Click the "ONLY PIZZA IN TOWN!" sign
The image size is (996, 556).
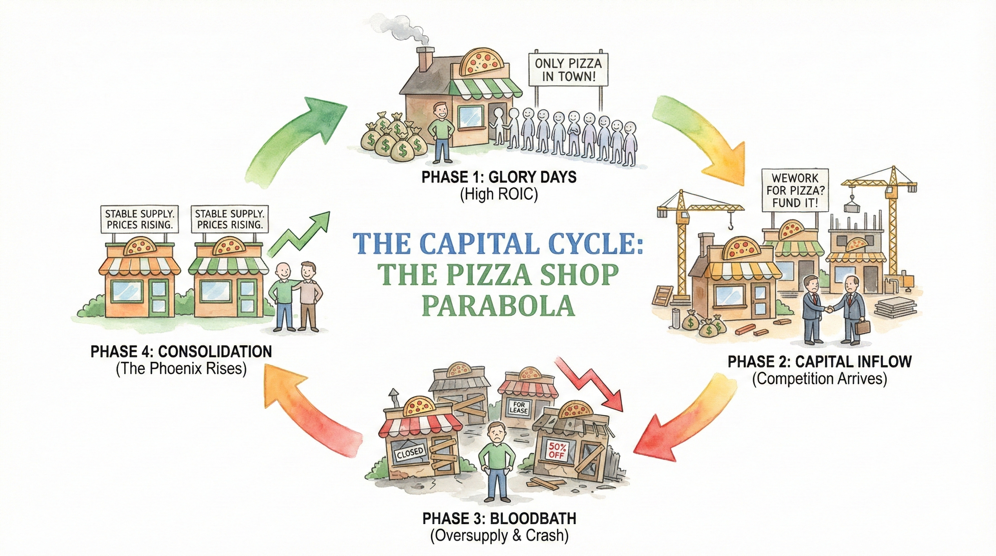[568, 69]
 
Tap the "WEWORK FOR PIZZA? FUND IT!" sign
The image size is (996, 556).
[795, 190]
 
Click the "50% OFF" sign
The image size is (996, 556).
[557, 450]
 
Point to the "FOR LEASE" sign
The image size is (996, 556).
[519, 408]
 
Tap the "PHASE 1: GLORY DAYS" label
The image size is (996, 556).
[499, 177]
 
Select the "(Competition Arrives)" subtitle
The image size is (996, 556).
[819, 379]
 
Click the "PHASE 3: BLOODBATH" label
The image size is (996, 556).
[499, 518]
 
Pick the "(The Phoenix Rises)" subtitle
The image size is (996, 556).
[181, 368]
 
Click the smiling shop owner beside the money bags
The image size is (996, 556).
[440, 131]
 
